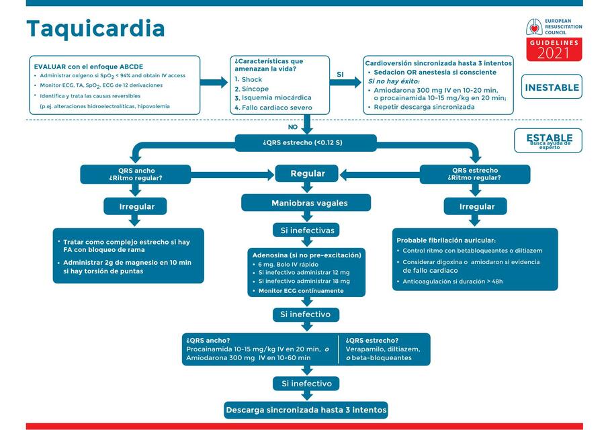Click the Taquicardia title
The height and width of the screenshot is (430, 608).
pyautogui.click(x=95, y=29)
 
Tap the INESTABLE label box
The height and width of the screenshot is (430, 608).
pyautogui.click(x=552, y=87)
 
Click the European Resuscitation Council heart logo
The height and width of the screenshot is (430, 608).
pyautogui.click(x=535, y=28)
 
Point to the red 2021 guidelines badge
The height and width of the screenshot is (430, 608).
pyautogui.click(x=554, y=50)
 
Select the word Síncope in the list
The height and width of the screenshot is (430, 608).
pyautogui.click(x=255, y=89)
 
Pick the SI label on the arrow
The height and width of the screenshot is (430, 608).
pyautogui.click(x=341, y=75)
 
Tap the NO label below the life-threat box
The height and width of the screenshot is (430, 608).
pyautogui.click(x=293, y=127)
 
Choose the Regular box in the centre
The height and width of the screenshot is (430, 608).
pyautogui.click(x=307, y=173)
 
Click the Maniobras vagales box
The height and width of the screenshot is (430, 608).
pyautogui.click(x=307, y=203)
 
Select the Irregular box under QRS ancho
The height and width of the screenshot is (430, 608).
pyautogui.click(x=136, y=206)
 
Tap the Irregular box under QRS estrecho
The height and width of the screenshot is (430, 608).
pyautogui.click(x=476, y=206)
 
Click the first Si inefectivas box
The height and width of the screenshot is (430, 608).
pyautogui.click(x=306, y=230)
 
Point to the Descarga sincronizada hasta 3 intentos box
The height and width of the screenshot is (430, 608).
pyautogui.click(x=306, y=409)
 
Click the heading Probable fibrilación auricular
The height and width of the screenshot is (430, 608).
pyautogui.click(x=446, y=240)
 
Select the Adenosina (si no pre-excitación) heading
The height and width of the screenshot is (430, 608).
pyautogui.click(x=306, y=255)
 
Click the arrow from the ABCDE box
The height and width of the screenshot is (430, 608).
pyautogui.click(x=214, y=83)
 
